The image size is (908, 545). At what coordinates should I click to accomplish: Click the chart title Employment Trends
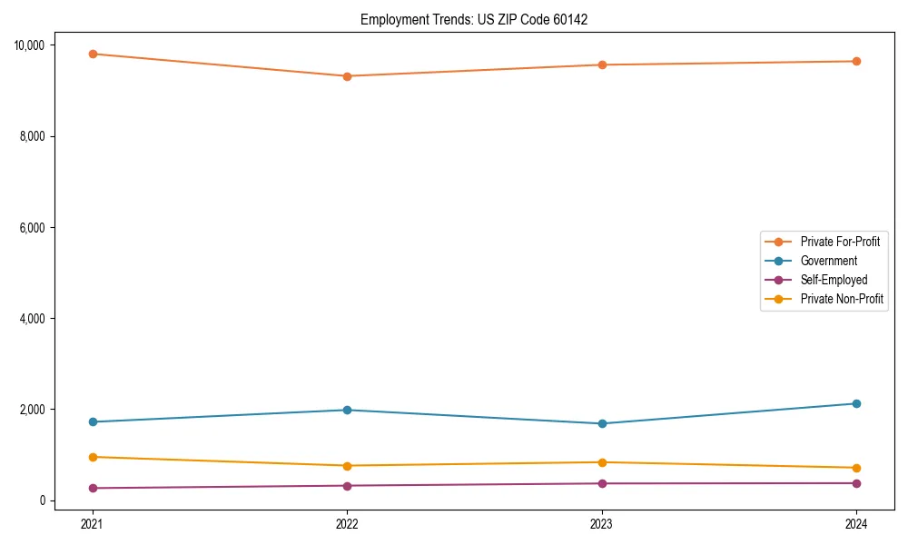pos(474,19)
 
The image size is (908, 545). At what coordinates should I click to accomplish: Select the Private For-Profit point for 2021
pos(92,54)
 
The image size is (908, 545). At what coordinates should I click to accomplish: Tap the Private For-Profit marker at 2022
pos(347,76)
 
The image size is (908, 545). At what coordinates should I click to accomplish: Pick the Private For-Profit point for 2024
pos(856,61)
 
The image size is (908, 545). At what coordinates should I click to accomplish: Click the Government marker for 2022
pos(347,410)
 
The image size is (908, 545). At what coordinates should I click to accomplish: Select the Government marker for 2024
pos(856,403)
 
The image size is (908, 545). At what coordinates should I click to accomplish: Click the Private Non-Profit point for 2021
pos(92,457)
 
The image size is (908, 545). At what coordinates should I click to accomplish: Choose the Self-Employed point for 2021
pos(92,488)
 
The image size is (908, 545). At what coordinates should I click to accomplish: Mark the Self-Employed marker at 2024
pos(856,483)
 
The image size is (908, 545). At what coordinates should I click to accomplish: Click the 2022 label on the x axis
pos(347,523)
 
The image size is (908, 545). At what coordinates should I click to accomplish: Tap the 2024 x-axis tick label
pos(856,523)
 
